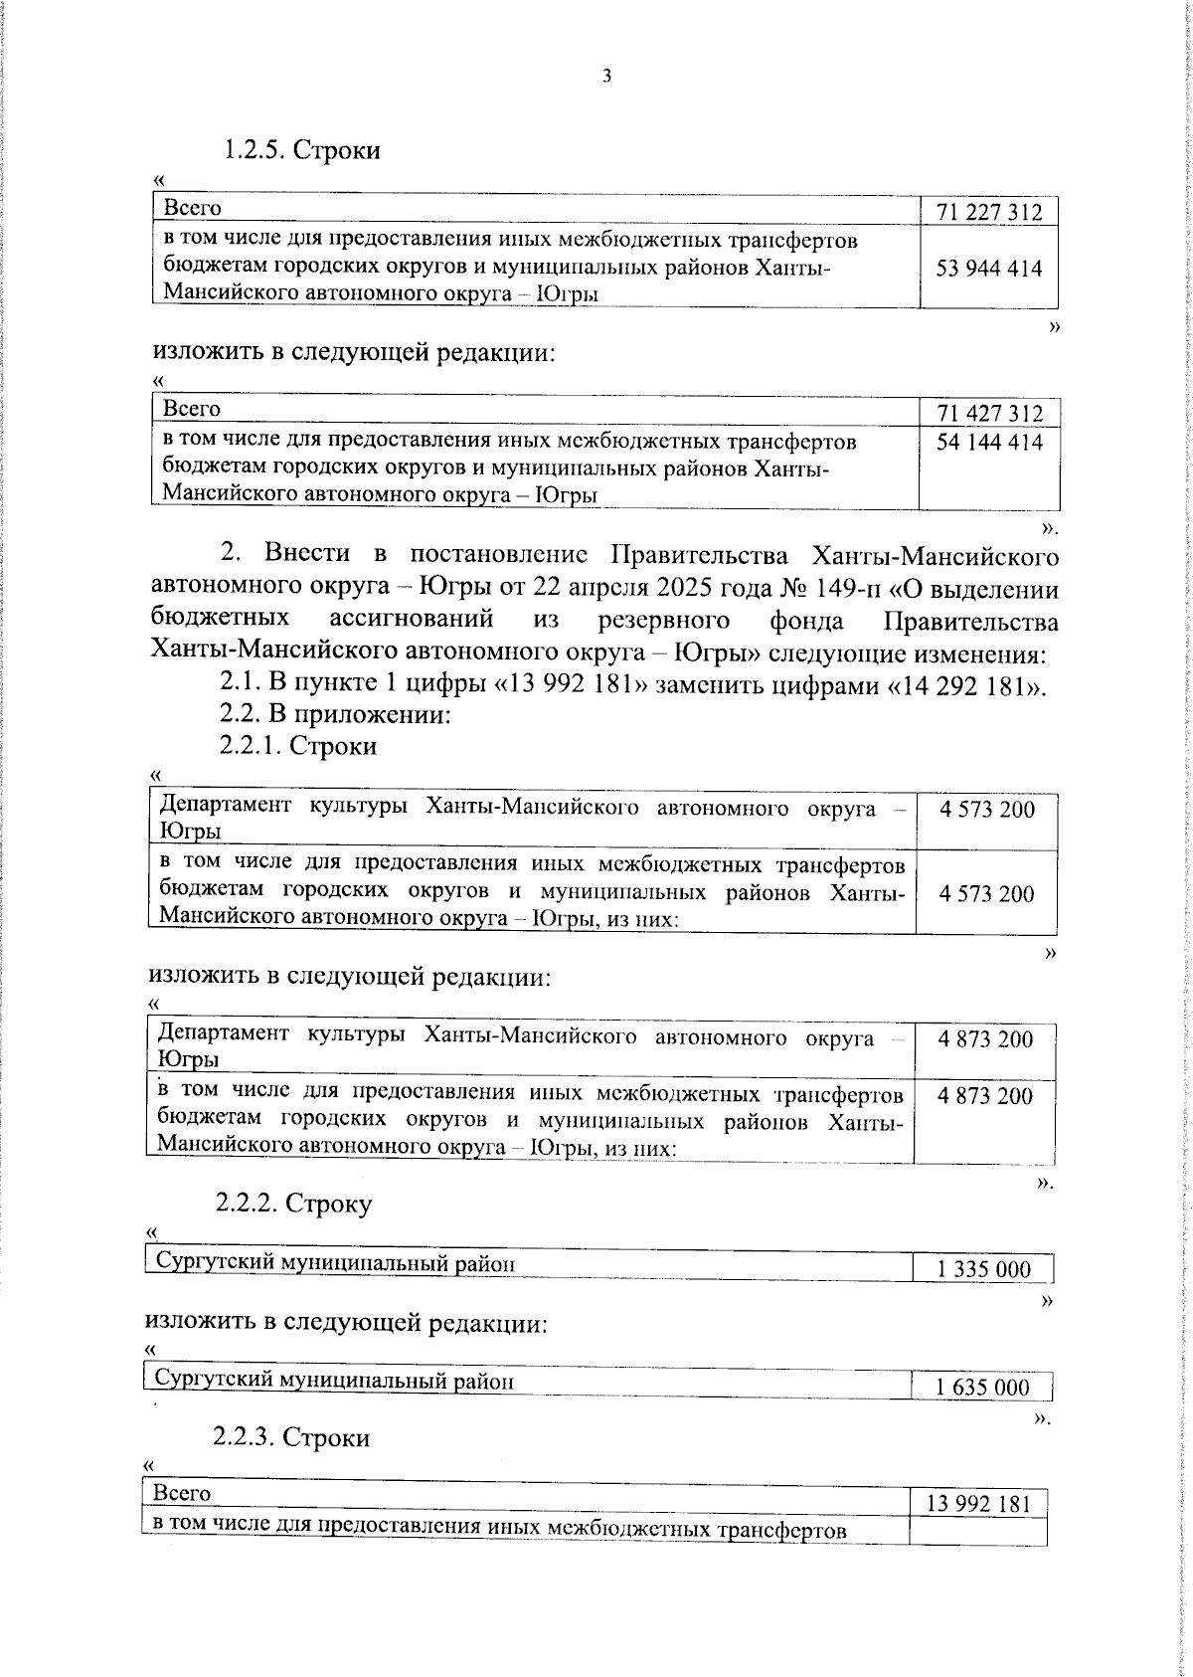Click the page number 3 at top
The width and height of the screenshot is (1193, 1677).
(x=605, y=77)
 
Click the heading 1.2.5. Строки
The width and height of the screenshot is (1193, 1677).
(x=301, y=150)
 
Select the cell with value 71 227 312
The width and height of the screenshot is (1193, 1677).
(x=988, y=212)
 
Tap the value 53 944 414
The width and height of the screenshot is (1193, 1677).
(x=988, y=269)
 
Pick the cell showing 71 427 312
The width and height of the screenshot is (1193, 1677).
(x=988, y=413)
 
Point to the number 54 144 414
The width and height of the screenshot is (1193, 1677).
(x=988, y=442)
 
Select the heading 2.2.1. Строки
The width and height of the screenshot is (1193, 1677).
(x=298, y=746)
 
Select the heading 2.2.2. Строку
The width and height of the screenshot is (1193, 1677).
(x=294, y=1204)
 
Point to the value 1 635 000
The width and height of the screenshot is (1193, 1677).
(x=981, y=1388)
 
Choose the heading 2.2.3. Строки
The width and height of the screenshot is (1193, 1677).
(x=291, y=1437)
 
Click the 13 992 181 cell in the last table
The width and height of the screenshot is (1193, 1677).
(x=978, y=1504)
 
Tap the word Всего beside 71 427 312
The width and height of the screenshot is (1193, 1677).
(x=192, y=409)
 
